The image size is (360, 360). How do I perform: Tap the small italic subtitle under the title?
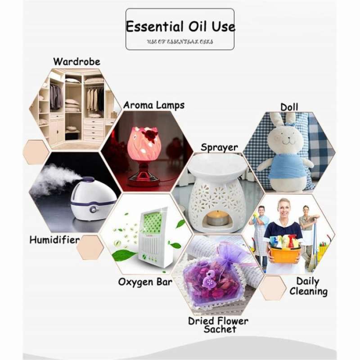pos(180,41)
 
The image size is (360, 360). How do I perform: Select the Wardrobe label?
pos(76,61)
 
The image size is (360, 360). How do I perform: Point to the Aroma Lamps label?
pos(154,105)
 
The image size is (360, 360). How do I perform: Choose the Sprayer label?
pos(219,147)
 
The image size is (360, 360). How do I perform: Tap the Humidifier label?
pos(54,240)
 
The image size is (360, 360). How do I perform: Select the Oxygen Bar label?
pos(145,282)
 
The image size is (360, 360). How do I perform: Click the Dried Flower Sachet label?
pos(219,325)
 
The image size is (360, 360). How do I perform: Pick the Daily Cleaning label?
pos(308,287)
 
